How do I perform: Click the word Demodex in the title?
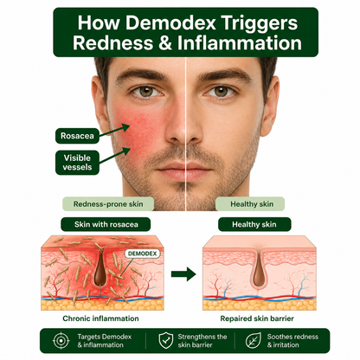click(170, 22)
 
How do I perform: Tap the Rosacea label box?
click(77, 136)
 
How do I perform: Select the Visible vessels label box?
click(77, 163)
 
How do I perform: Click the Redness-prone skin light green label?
click(108, 204)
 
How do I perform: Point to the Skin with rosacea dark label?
click(106, 224)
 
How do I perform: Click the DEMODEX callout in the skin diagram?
click(142, 254)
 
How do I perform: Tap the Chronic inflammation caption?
click(100, 318)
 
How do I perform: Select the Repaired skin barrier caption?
click(257, 318)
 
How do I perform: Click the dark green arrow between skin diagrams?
click(183, 274)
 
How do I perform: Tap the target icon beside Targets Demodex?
click(61, 341)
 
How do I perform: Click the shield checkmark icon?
click(166, 341)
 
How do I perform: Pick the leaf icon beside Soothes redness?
click(254, 341)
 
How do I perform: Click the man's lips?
click(184, 169)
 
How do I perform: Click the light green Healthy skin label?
click(250, 204)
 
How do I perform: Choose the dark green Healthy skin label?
click(254, 224)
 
